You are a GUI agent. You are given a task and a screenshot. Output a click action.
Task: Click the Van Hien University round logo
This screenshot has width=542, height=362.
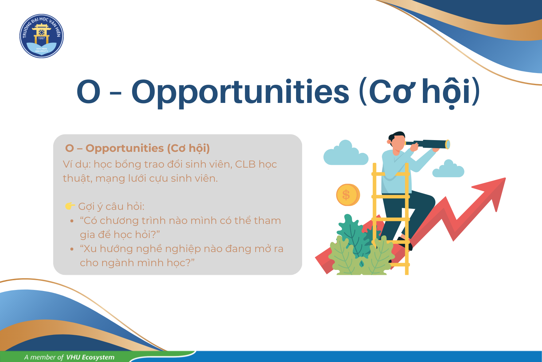point(41,36)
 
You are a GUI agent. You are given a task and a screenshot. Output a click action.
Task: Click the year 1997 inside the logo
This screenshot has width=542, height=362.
point(41,38)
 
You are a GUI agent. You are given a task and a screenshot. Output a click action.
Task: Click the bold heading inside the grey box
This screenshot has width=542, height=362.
point(138,148)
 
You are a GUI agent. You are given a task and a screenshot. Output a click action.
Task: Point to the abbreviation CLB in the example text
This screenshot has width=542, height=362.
point(245,164)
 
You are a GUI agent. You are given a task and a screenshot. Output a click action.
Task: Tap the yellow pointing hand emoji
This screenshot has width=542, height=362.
point(70,206)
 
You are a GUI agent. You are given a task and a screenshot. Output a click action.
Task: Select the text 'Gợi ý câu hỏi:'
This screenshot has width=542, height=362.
point(111,207)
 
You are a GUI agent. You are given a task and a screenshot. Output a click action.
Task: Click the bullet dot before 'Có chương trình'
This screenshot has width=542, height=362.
point(72,221)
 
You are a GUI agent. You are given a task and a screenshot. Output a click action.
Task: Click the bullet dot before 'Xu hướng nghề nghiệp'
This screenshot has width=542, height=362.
point(72,249)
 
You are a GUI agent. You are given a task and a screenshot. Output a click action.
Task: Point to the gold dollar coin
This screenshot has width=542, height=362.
point(348,195)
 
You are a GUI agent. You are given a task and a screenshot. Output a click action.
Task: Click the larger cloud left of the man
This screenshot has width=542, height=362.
point(346,153)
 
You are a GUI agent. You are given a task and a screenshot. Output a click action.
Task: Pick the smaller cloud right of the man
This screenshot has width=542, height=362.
point(448,169)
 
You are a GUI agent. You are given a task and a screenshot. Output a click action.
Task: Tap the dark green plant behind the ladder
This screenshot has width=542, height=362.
point(353,233)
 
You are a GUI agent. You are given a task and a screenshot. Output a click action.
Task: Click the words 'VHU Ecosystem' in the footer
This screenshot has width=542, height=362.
point(90,357)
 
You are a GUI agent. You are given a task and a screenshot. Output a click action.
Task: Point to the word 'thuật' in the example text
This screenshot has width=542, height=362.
point(77,179)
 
